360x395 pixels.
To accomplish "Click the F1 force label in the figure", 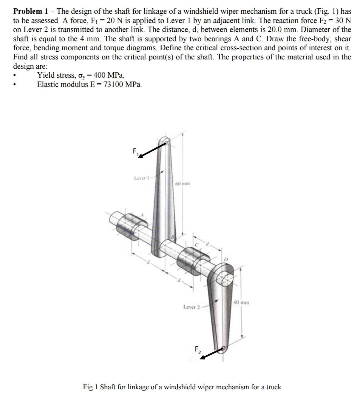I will pos(135,152).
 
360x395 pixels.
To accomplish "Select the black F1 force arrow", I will pos(153,150).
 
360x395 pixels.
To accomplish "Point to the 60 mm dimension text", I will pos(182,183).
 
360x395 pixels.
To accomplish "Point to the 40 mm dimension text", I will pos(241,302).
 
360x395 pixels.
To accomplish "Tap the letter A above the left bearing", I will pos(142,215).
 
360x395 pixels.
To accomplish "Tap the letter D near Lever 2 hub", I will pos(226,259).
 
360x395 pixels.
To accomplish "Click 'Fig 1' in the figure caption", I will pos(90,387).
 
